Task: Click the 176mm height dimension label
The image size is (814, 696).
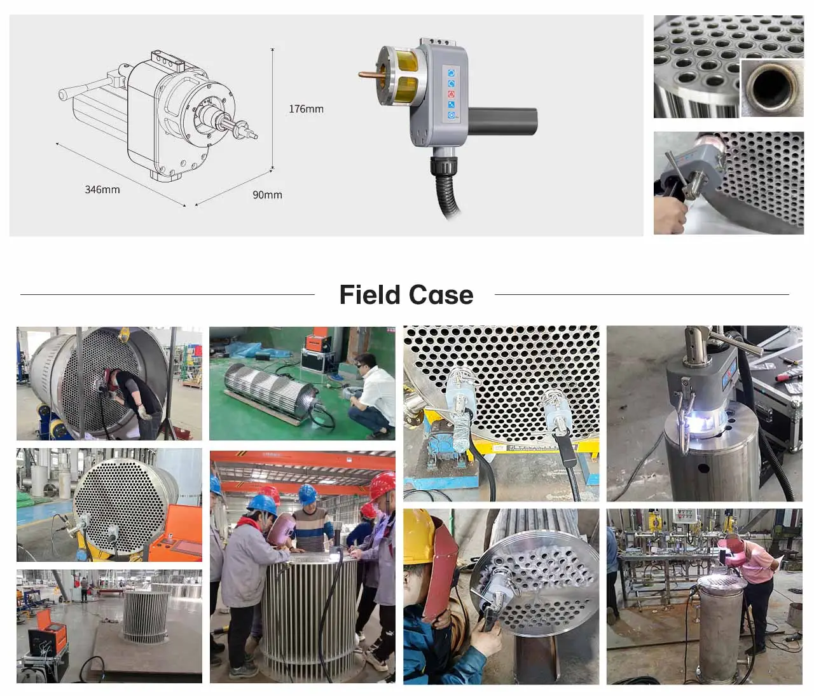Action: [x=306, y=109]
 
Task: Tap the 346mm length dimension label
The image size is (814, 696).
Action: [x=102, y=189]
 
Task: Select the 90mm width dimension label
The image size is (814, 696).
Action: [x=267, y=194]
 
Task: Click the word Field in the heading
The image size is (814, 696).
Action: [x=370, y=295]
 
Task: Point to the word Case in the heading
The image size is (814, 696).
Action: [x=441, y=295]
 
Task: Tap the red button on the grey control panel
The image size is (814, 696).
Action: [x=451, y=94]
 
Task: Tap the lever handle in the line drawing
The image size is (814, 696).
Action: [x=83, y=92]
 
